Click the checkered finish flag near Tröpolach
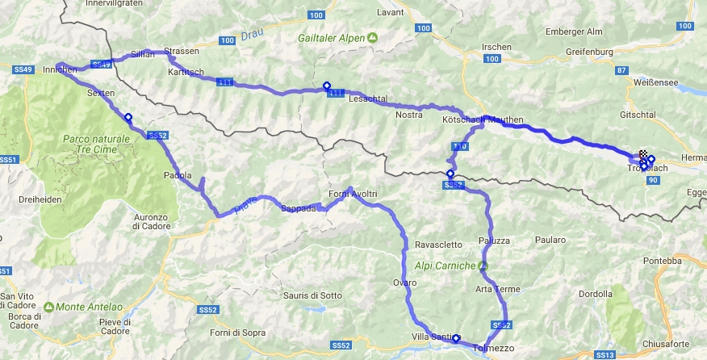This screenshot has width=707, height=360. click(x=644, y=154)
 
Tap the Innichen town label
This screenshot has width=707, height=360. click(x=60, y=70)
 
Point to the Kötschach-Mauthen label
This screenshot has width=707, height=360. click(x=483, y=120)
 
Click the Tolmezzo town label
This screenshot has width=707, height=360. click(x=492, y=349)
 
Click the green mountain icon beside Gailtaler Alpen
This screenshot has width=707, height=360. click(x=372, y=37)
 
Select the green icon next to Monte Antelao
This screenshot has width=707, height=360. click(x=49, y=307)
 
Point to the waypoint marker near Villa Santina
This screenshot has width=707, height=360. click(x=456, y=338)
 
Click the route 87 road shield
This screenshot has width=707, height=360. click(x=621, y=71)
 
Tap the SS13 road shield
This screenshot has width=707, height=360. click(x=604, y=354)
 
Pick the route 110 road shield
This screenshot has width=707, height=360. click(x=460, y=146)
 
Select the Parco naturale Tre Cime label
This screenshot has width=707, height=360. click(x=96, y=146)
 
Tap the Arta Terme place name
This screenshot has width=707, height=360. click(x=497, y=290)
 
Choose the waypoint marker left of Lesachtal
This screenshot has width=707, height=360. click(x=326, y=86)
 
